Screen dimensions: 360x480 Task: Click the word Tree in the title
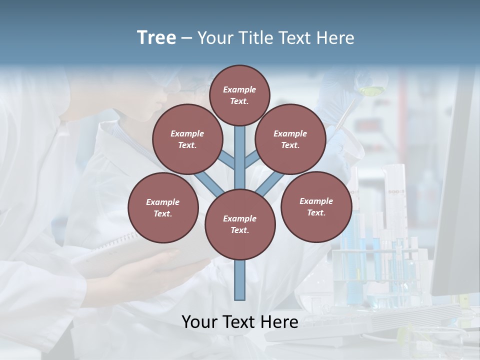pos(156,37)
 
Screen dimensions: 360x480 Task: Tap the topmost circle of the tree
pos(239,95)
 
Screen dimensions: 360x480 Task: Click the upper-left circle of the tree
pos(187,139)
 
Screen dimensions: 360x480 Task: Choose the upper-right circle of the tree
pos(290,139)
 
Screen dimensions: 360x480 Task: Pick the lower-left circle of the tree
pos(163,207)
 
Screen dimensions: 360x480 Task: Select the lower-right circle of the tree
pos(316,206)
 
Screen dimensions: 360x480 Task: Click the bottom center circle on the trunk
pos(240,224)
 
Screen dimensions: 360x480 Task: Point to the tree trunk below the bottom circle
pos(240,280)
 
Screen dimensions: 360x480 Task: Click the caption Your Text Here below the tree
pos(240,322)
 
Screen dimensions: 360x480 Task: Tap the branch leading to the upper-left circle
pos(226,159)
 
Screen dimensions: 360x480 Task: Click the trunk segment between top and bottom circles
pos(240,155)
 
